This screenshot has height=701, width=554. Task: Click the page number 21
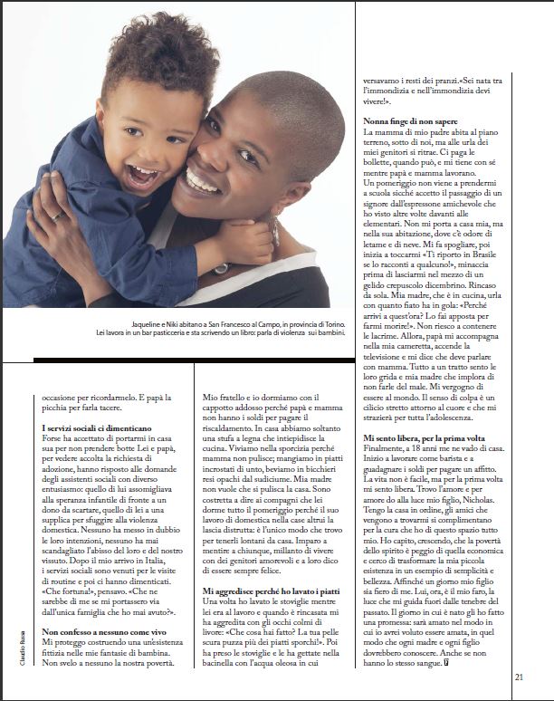pos(519,674)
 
